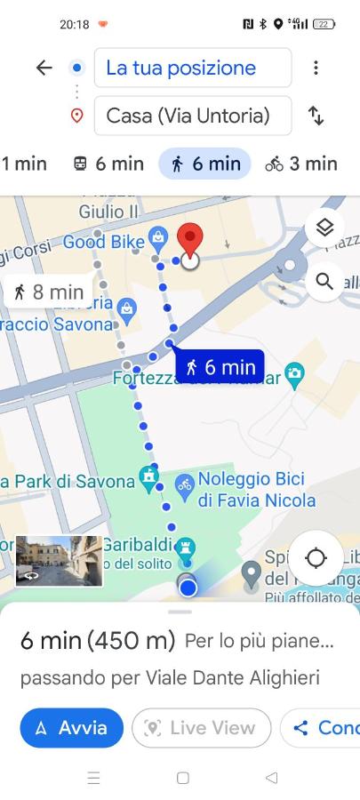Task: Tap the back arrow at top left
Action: [44, 68]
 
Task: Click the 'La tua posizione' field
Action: [193, 68]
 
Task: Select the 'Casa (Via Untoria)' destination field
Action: [193, 116]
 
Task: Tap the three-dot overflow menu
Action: [316, 68]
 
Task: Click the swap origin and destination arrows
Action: [316, 116]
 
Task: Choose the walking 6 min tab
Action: [205, 164]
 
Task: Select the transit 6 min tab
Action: [108, 164]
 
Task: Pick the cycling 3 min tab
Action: [301, 164]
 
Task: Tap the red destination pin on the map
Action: [189, 241]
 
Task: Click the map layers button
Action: [324, 228]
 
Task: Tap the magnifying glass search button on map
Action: [324, 282]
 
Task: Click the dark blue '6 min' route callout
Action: [220, 366]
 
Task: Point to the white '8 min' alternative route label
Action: [49, 292]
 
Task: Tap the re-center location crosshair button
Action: [316, 558]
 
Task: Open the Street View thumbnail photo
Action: [59, 561]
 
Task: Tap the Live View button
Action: [201, 728]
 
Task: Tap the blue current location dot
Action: [187, 587]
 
